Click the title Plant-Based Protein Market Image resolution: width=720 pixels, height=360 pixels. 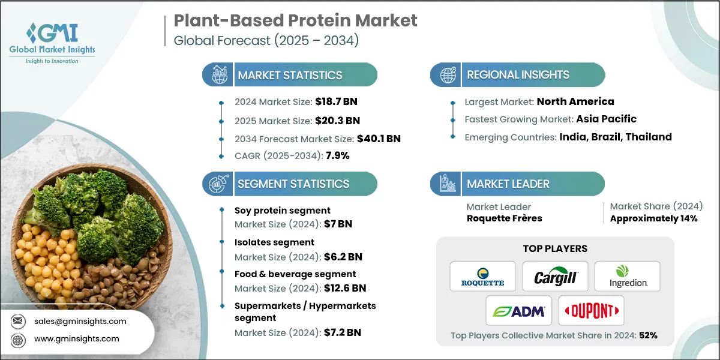tap(295, 21)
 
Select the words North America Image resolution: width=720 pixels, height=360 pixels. tap(575, 101)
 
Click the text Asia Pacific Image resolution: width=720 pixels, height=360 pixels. tap(606, 119)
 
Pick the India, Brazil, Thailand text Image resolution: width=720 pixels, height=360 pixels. tap(616, 137)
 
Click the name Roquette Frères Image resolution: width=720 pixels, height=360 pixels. tap(504, 218)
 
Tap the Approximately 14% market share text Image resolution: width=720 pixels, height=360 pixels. tap(653, 218)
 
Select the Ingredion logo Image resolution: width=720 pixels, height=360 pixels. tap(627, 277)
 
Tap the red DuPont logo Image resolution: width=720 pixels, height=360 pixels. tap(591, 311)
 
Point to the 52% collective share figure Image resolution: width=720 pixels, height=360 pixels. tap(648, 335)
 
